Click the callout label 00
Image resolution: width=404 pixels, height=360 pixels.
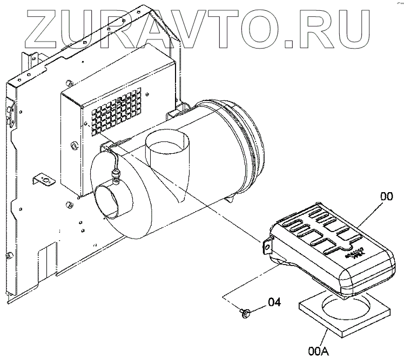(x=386, y=197)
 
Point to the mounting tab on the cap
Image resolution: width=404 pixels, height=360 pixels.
(x=266, y=246)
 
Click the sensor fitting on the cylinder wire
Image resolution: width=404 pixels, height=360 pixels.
(x=115, y=174)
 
